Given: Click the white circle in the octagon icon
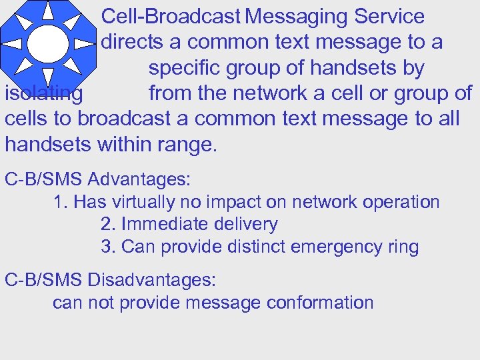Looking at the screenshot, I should coord(47,43).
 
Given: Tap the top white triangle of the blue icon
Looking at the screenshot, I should coord(48,11).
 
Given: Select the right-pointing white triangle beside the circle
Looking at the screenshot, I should coord(83,44).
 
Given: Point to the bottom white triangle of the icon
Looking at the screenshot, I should coord(48,76).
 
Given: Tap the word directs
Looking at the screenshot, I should coord(131,42).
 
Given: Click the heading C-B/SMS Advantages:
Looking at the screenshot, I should coord(98,179).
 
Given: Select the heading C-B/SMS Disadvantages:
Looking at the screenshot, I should coord(110,279).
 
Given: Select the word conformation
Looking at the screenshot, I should coord(319,303).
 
